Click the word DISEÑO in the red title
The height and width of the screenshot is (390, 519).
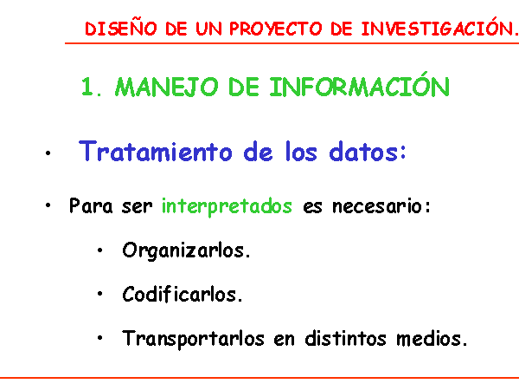pos(121,28)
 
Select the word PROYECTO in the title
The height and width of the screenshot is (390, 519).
pos(275,29)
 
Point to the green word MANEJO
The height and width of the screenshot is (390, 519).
pos(166,87)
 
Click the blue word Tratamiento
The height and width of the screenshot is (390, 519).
pos(155,151)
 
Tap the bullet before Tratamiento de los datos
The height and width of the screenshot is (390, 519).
pos(48,153)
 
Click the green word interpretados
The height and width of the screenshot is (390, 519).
pos(227,206)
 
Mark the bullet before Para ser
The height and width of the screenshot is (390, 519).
pos(48,205)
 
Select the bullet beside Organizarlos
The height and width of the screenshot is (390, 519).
pos(100,250)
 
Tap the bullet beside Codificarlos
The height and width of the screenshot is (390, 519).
pos(100,294)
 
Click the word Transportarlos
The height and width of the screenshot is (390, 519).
pos(193,338)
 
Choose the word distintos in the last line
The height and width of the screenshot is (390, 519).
pos(345,338)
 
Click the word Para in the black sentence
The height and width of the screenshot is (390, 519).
pos(91,205)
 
